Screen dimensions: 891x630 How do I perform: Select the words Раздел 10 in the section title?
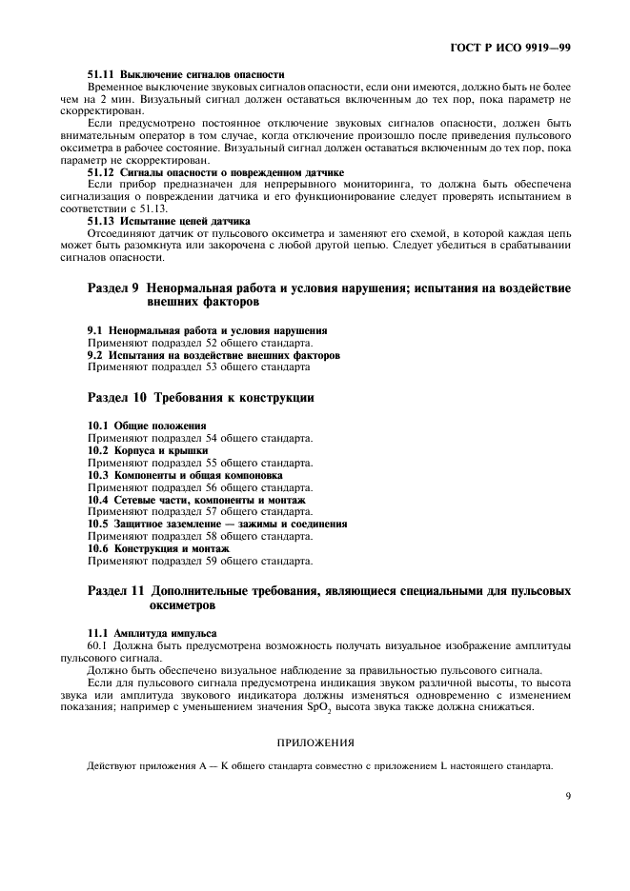pyautogui.click(x=116, y=398)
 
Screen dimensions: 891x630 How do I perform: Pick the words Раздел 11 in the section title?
pyautogui.click(x=116, y=591)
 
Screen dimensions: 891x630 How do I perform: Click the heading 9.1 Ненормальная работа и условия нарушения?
pyautogui.click(x=208, y=330)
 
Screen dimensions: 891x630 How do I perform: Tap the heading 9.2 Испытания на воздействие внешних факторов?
pyautogui.click(x=213, y=355)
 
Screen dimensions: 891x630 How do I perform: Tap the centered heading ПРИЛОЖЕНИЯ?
pyautogui.click(x=315, y=742)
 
